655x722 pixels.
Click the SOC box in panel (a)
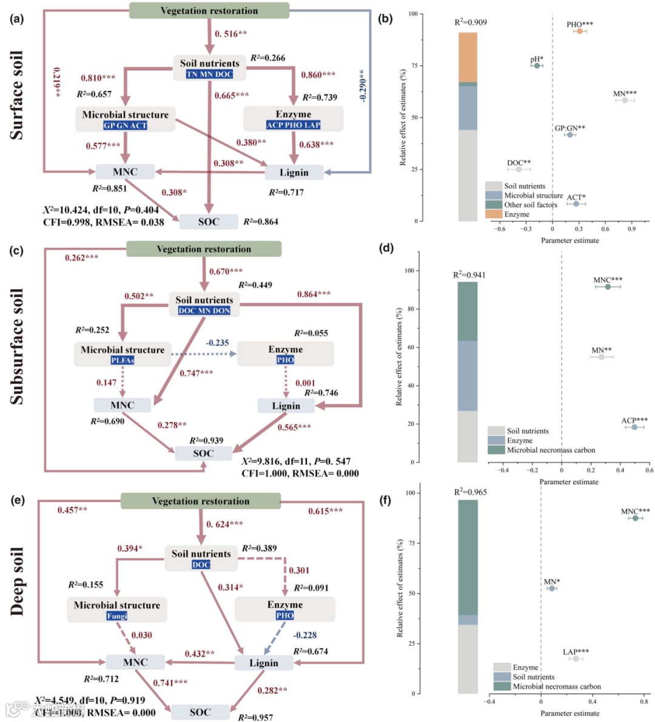click(x=209, y=222)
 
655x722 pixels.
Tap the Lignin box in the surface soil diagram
click(x=294, y=173)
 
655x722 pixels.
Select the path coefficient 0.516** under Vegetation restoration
click(x=230, y=34)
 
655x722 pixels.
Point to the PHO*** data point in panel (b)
click(x=580, y=31)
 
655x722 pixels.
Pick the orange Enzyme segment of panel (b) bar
click(x=468, y=57)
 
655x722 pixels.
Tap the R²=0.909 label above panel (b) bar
click(x=471, y=22)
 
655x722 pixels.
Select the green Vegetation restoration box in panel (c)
click(x=204, y=249)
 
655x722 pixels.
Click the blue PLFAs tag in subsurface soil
click(x=123, y=359)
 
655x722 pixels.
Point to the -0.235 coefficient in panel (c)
click(x=217, y=343)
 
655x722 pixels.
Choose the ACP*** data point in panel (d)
click(x=634, y=427)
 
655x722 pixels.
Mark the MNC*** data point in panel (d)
click(x=608, y=287)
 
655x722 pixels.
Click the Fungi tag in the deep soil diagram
click(x=117, y=616)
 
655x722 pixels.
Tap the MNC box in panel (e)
click(x=135, y=662)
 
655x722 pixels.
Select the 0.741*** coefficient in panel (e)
click(x=170, y=683)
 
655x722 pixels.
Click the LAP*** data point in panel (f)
click(x=576, y=658)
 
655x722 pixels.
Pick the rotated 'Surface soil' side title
click(x=16, y=95)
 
